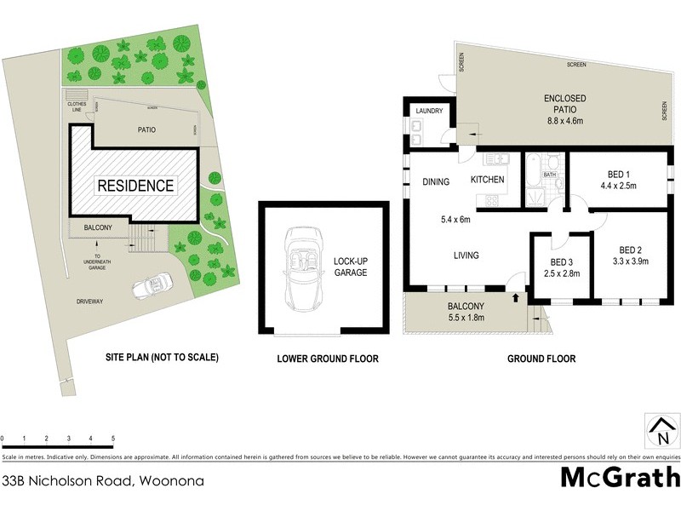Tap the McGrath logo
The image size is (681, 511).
click(x=620, y=478)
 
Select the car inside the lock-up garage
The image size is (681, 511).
click(x=302, y=269)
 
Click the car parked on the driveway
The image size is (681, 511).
click(x=150, y=286)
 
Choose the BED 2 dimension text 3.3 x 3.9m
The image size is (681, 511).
click(x=630, y=262)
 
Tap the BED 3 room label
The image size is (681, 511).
click(x=561, y=261)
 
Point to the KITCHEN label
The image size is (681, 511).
click(x=488, y=180)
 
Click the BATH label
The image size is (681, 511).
click(x=550, y=174)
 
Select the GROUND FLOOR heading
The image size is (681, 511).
click(x=541, y=359)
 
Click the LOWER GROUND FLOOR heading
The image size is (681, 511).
click(x=328, y=359)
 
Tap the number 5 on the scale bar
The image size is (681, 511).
click(x=113, y=439)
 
